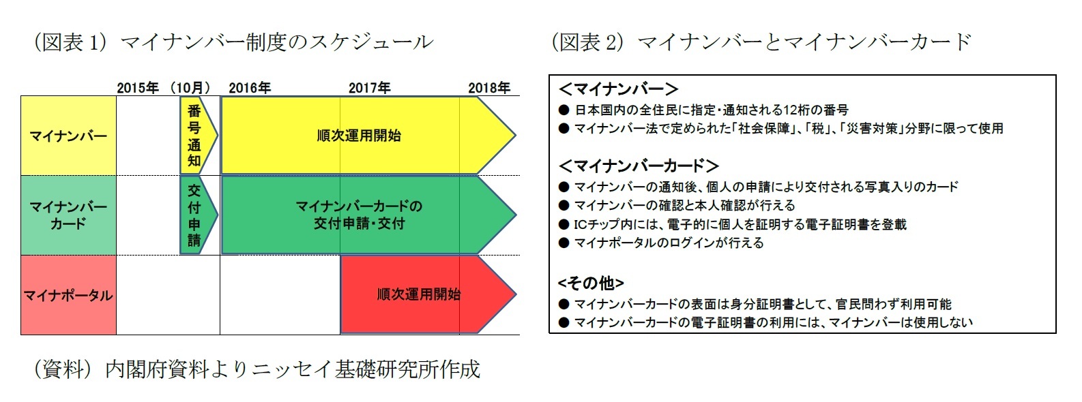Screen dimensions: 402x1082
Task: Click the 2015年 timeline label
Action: click(138, 88)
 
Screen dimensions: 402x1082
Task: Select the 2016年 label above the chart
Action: click(250, 88)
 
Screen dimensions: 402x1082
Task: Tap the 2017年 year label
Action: click(369, 88)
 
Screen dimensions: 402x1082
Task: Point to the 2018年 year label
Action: click(489, 88)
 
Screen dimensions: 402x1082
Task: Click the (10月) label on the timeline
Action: click(190, 88)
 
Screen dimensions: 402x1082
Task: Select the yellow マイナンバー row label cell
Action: click(68, 136)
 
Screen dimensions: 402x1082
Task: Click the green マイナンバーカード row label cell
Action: click(68, 215)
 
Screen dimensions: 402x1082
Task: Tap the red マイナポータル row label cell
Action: click(68, 295)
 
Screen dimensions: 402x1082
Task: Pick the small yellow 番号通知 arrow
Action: click(196, 136)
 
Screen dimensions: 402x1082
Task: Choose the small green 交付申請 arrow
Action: click(196, 215)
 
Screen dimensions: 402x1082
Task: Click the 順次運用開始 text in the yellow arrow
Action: click(359, 136)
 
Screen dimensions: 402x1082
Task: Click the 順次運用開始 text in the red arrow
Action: click(418, 294)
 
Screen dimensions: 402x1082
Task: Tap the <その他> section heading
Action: click(591, 283)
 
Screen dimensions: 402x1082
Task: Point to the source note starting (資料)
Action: click(257, 369)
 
